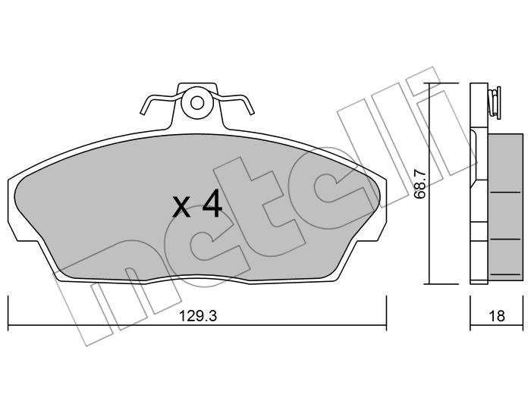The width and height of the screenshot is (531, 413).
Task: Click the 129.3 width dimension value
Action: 197,316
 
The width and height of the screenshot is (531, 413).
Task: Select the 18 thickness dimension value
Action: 497,316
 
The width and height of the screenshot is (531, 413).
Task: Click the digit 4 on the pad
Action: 212,203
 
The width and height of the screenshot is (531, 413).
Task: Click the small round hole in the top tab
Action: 196,103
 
